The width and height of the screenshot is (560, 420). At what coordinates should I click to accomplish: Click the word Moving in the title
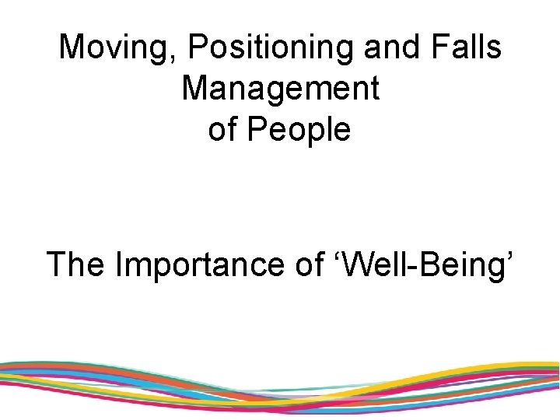coord(117,47)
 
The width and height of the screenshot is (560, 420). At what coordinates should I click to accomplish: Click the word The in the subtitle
coord(77,264)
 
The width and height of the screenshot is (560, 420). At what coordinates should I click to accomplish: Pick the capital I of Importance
coord(118,264)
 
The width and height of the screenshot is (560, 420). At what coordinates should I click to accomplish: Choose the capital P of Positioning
coord(198,47)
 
